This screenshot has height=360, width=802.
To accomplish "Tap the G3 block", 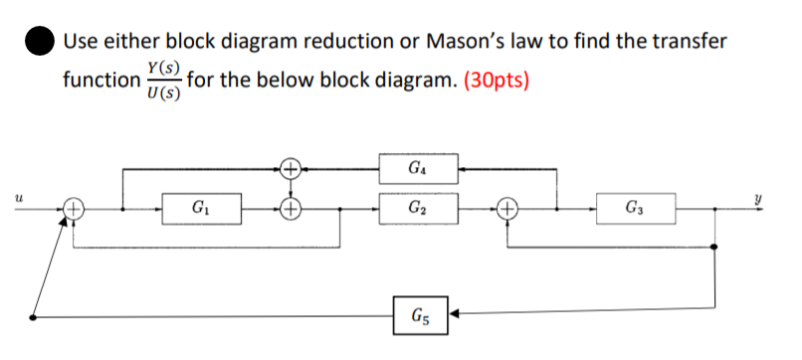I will click(636, 210).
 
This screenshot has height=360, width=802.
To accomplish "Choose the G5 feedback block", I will click(418, 317).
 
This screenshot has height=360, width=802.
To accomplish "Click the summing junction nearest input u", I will click(74, 210).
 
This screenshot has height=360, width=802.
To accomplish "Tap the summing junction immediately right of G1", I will click(290, 210).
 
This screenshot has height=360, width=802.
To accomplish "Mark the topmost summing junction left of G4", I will click(290, 168).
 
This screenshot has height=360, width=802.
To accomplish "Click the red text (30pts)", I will click(494, 80).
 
